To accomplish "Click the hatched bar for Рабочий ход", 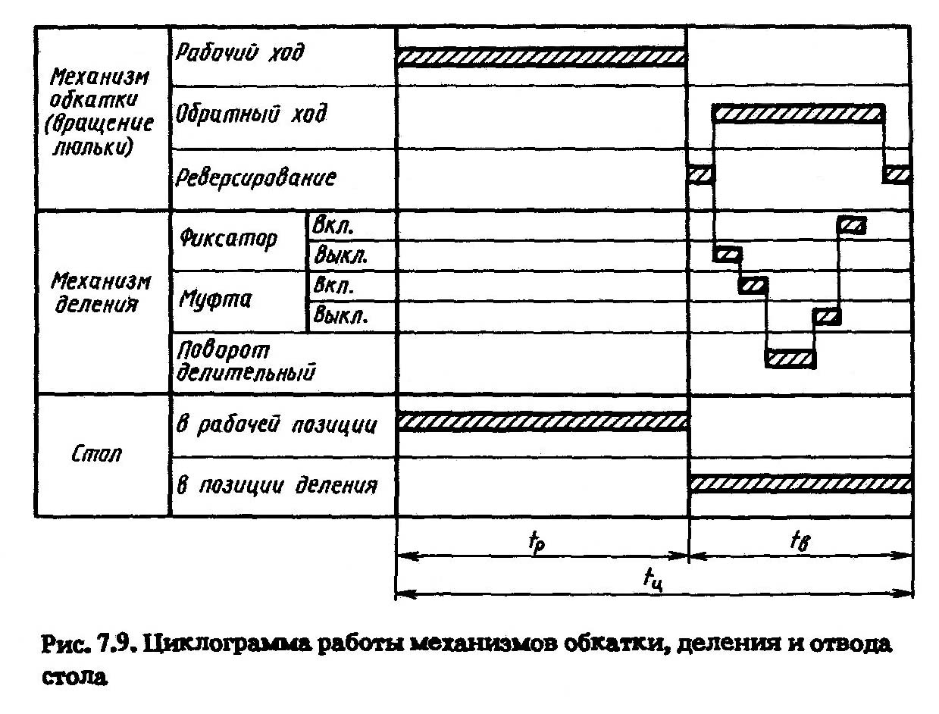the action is tap(541, 57).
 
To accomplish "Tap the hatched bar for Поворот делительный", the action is tap(790, 358).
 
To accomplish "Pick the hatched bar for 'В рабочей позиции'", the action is tap(541, 422).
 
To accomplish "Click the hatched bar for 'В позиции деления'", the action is tap(800, 484).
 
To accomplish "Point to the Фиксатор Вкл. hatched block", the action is tap(853, 225).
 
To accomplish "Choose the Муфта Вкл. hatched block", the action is tap(753, 286).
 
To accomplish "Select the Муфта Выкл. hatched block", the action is tap(826, 315).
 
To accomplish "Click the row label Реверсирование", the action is tap(255, 178).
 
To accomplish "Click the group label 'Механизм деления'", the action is tap(102, 293).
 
